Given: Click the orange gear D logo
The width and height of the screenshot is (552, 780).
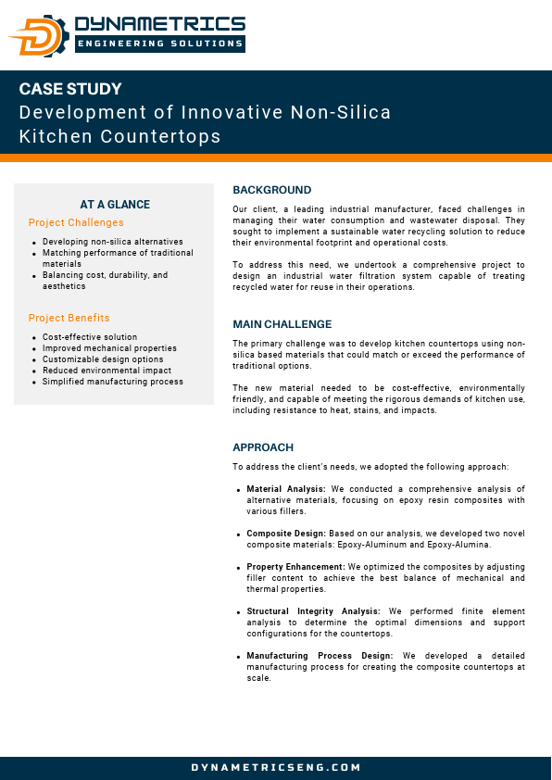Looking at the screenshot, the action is click(x=39, y=35).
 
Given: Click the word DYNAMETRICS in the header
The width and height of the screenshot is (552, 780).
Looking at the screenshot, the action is click(x=159, y=23).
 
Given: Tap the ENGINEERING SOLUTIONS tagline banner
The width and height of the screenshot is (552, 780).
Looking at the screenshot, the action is click(x=159, y=44).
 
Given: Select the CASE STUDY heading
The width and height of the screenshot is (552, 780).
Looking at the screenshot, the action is click(x=70, y=90).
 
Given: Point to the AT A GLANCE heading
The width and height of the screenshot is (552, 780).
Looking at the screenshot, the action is click(x=115, y=205).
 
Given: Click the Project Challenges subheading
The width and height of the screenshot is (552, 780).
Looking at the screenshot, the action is click(x=76, y=222).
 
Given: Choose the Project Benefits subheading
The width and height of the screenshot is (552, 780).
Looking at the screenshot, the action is click(x=69, y=318).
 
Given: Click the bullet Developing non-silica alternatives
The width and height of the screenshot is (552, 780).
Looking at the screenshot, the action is click(x=113, y=242).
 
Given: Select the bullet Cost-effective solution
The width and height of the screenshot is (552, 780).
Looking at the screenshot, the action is click(x=90, y=337).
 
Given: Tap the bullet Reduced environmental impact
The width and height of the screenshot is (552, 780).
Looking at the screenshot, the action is click(x=107, y=371).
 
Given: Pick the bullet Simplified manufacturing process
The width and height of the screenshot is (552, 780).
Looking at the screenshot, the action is click(x=113, y=382).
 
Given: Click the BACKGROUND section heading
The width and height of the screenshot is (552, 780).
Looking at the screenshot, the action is click(x=272, y=190).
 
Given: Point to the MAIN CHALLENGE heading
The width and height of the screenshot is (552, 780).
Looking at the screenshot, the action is click(x=282, y=324).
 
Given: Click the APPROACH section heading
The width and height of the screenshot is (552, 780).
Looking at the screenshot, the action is click(x=263, y=447).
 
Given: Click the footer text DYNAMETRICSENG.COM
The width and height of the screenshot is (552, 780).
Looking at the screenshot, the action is click(x=276, y=768).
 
